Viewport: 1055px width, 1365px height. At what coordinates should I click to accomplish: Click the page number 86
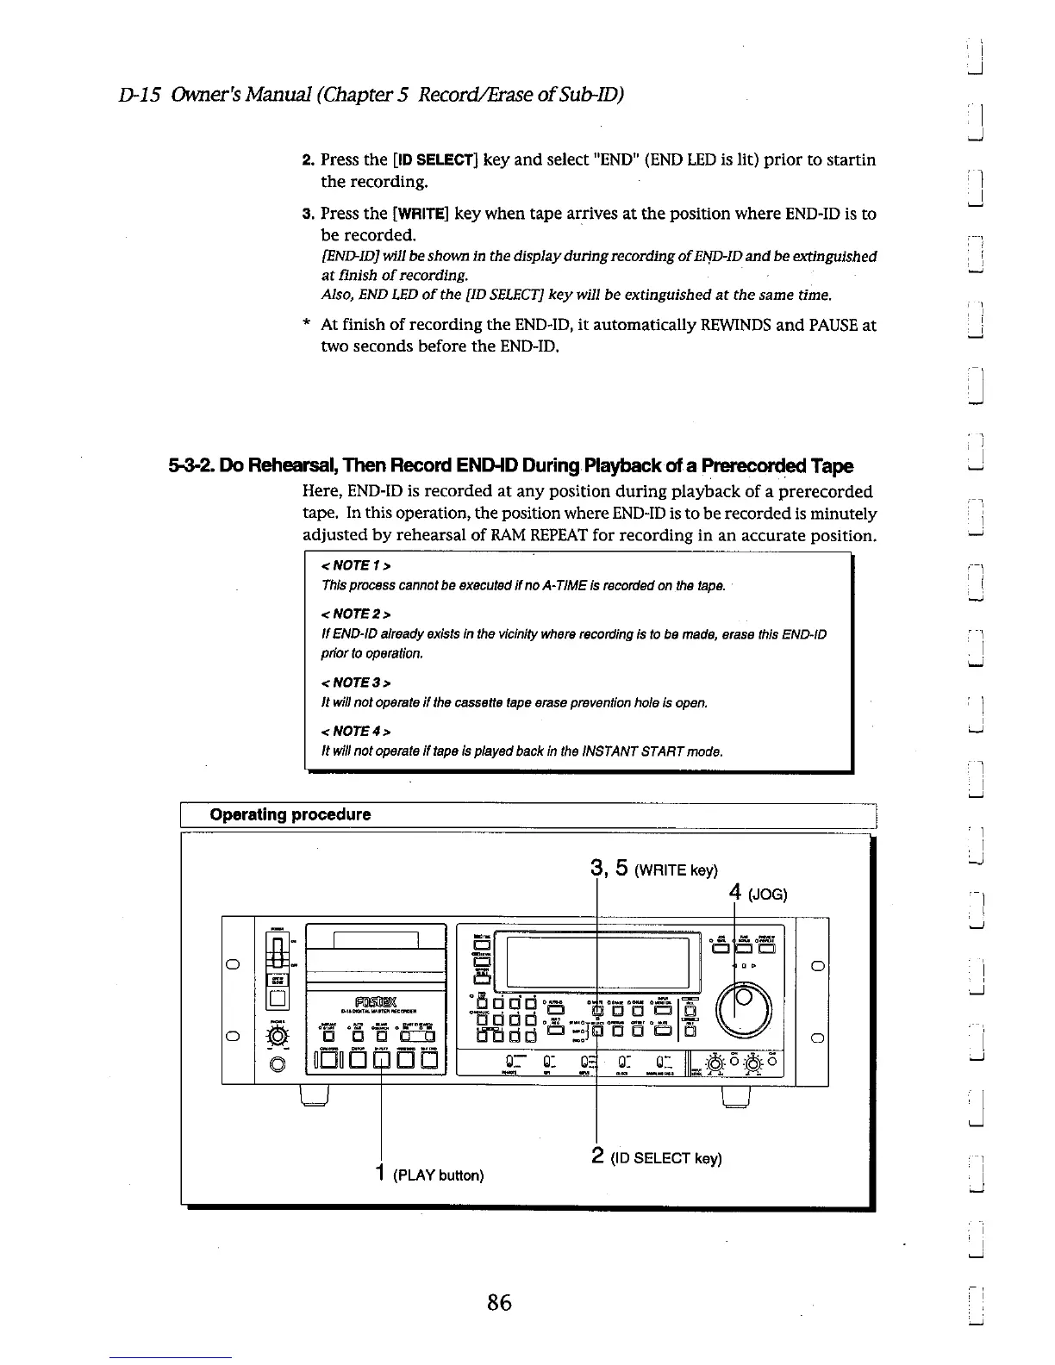click(499, 1302)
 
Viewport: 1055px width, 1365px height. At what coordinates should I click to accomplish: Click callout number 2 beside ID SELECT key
click(597, 1155)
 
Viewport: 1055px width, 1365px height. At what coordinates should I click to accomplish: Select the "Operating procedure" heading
click(290, 814)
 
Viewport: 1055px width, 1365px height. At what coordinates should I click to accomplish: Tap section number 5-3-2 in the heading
click(193, 466)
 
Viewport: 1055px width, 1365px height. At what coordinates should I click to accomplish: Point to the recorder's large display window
click(598, 962)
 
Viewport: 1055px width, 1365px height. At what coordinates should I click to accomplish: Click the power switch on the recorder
click(278, 956)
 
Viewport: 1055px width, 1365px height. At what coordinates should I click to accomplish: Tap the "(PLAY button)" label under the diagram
click(438, 1175)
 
